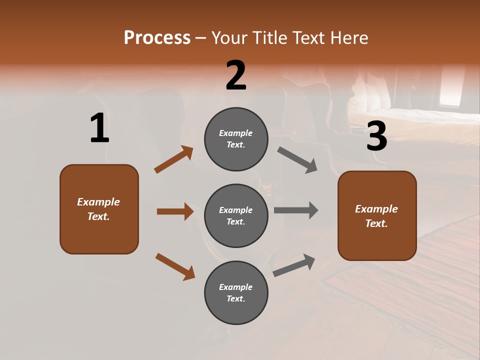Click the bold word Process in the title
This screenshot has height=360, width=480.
157,37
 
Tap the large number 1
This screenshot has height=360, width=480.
99,128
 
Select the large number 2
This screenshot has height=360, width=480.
236,75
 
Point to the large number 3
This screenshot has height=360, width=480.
376,136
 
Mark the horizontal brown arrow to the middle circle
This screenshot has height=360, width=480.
175,211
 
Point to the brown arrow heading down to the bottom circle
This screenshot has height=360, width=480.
175,266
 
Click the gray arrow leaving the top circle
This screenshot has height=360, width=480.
297,160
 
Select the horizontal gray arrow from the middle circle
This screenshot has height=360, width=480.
296,210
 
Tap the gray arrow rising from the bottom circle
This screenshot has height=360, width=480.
294,265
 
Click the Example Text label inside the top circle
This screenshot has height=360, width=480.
236,139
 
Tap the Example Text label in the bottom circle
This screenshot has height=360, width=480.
236,293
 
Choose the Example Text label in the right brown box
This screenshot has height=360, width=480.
376,216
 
